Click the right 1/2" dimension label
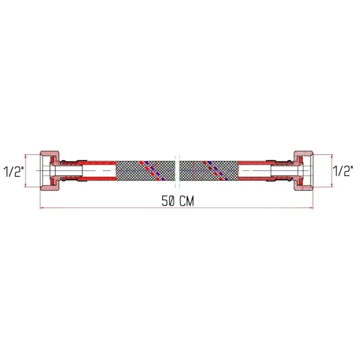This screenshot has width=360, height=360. pos(344,171)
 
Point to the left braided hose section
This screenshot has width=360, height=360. pos(145,170)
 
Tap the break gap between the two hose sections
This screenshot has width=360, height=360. pos(177,170)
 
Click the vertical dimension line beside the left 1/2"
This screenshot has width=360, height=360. pos(27,171)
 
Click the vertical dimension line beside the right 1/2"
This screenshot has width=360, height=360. pos(330,171)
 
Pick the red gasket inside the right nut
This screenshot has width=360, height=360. pos(295,171)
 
